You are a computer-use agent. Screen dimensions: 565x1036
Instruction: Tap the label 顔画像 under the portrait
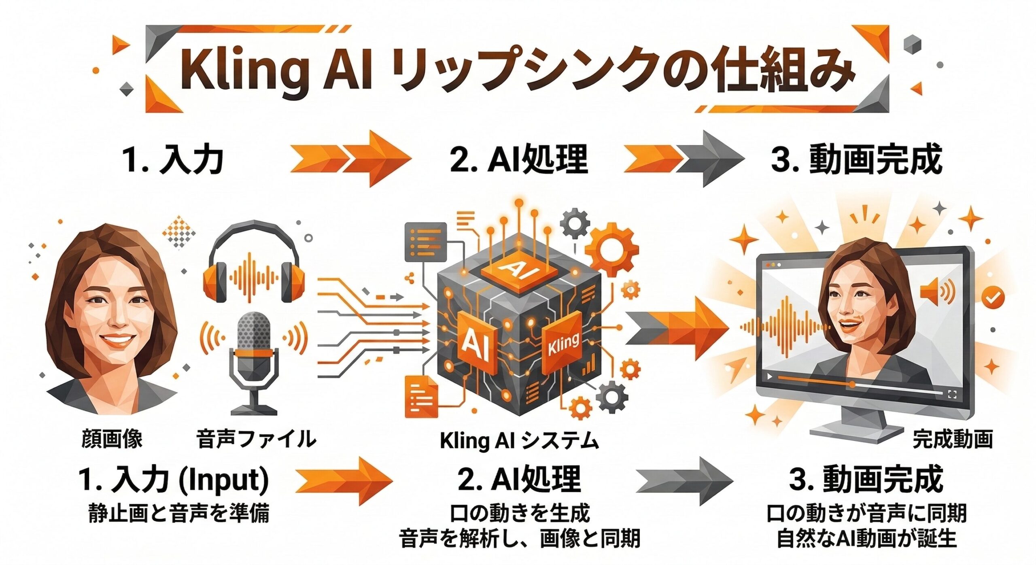click(x=112, y=439)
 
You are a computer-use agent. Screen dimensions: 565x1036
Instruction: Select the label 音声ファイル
click(x=256, y=439)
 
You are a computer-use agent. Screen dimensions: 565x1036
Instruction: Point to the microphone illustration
click(x=254, y=356)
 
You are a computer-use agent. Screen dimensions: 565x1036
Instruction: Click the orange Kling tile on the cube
click(x=563, y=344)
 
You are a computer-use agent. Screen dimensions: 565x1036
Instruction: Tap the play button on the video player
click(x=769, y=377)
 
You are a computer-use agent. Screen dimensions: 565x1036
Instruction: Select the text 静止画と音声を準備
click(x=178, y=514)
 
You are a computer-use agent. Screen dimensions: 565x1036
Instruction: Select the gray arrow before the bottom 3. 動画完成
click(x=684, y=482)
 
